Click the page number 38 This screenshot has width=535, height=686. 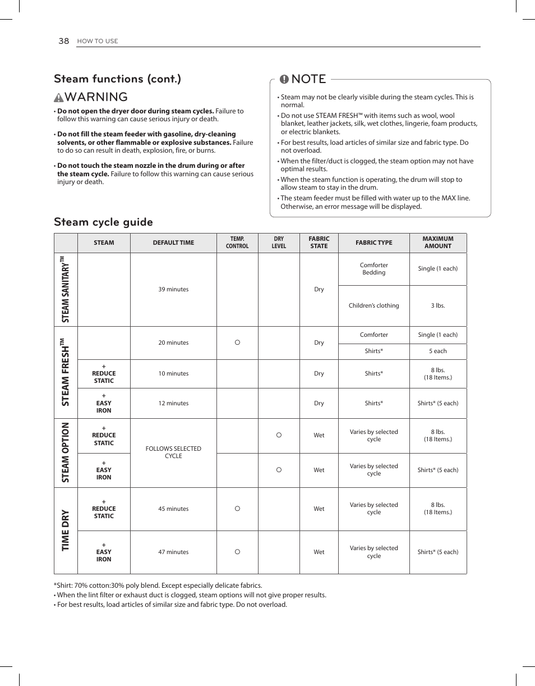(x=63, y=41)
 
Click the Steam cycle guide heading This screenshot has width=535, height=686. (x=103, y=222)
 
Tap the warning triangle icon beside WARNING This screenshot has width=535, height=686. (x=59, y=97)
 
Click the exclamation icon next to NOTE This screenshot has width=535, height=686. (x=284, y=79)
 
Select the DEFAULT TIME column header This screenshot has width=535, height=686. (x=173, y=243)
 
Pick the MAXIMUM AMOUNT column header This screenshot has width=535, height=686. (x=437, y=243)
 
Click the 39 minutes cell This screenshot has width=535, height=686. (x=173, y=290)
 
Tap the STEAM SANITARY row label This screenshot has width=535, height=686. (x=65, y=289)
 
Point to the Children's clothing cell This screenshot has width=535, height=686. (x=373, y=306)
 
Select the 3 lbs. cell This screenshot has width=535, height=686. (x=437, y=306)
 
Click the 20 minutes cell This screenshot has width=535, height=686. (x=173, y=342)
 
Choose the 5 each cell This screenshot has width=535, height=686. (x=437, y=351)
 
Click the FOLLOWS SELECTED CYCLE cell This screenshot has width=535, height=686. (x=173, y=452)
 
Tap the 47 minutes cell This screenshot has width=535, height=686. (x=173, y=552)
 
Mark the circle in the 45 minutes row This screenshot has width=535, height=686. (x=237, y=509)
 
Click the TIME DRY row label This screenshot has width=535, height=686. (x=65, y=530)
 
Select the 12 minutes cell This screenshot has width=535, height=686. (x=173, y=403)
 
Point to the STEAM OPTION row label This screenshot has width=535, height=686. (x=65, y=452)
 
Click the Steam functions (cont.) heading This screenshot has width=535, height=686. (x=117, y=79)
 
